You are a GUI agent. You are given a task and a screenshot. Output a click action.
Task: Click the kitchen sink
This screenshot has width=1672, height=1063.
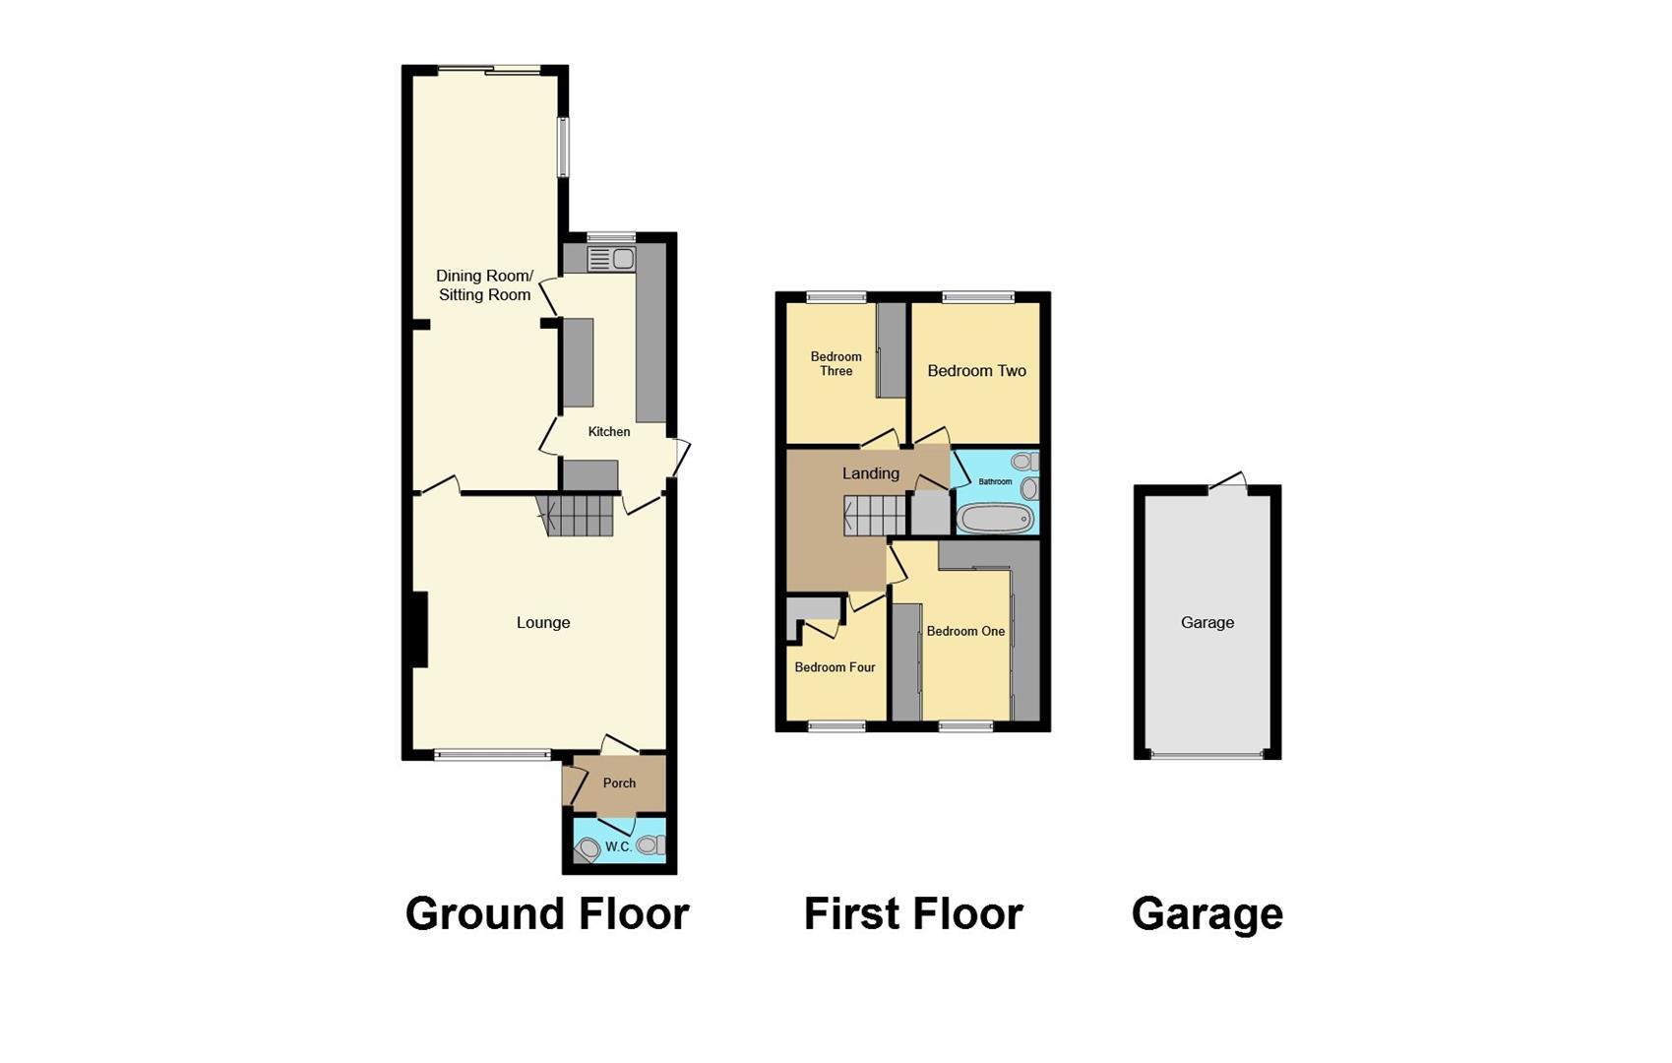[x=611, y=259]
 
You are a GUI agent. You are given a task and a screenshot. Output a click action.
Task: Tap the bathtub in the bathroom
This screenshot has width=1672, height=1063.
[x=994, y=519]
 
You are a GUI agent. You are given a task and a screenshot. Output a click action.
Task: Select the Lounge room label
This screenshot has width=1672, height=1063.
[x=543, y=622]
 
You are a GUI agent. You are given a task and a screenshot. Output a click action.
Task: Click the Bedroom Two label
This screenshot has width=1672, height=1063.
[x=976, y=371]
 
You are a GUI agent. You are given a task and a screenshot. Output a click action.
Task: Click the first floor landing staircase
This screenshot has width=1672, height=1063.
[x=874, y=516]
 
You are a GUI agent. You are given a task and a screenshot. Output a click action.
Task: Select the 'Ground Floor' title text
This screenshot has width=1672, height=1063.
[x=546, y=913]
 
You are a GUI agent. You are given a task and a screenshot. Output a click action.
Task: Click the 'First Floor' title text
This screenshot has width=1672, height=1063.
[x=913, y=913]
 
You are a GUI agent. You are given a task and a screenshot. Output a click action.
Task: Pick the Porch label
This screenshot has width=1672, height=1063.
[x=619, y=783]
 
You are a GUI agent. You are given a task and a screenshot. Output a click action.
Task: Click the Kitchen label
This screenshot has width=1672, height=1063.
[x=609, y=431]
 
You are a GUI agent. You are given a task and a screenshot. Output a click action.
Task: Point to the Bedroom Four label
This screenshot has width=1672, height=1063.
[x=835, y=667]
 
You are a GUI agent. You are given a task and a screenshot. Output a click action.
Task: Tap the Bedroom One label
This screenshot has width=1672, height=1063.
[x=965, y=631]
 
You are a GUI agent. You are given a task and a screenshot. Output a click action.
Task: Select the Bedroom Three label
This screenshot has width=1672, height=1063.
[x=836, y=364]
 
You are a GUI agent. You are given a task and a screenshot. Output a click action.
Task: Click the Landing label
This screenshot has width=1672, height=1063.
[x=871, y=473]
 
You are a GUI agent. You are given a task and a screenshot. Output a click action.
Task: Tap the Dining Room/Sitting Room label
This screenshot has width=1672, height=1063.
[x=484, y=285]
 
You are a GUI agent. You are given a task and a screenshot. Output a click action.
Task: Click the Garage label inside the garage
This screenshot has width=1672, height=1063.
[x=1208, y=622]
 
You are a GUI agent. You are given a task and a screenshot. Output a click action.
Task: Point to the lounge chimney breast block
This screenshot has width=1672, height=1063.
[x=420, y=630]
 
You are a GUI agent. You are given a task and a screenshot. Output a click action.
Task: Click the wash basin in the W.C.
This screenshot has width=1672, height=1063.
[x=588, y=848]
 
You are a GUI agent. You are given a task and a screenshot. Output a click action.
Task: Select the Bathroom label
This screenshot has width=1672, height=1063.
[x=995, y=481]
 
